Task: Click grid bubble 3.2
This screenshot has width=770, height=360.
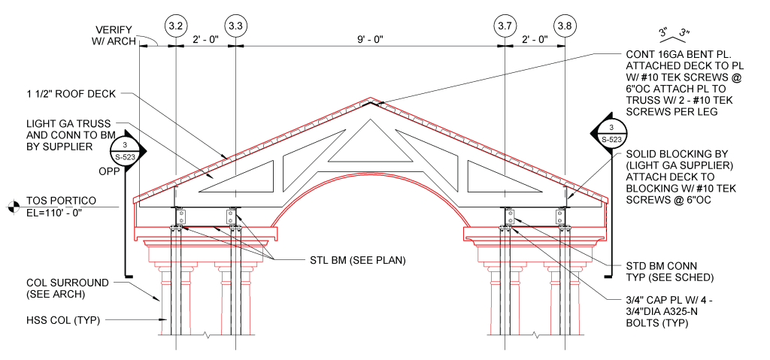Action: (x=175, y=26)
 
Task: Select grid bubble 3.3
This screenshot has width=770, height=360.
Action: (x=235, y=26)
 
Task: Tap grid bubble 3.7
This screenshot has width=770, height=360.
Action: (x=505, y=26)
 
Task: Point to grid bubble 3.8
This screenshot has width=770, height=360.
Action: (x=565, y=26)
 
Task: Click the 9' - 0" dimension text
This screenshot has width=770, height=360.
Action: (x=370, y=40)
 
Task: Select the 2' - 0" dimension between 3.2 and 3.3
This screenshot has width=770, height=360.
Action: (x=205, y=40)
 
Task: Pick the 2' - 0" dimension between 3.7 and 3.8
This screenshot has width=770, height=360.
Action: (x=535, y=40)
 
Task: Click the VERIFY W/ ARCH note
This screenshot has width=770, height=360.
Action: (x=114, y=36)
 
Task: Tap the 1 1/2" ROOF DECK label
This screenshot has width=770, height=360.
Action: (x=71, y=94)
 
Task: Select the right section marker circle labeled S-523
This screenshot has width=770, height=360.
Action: (x=612, y=132)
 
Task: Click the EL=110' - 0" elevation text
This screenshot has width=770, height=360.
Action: (x=53, y=212)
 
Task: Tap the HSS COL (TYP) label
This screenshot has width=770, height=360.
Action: (x=63, y=321)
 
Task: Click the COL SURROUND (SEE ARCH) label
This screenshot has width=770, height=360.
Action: (x=67, y=289)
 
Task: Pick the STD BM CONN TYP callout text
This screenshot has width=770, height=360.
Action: (x=670, y=271)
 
